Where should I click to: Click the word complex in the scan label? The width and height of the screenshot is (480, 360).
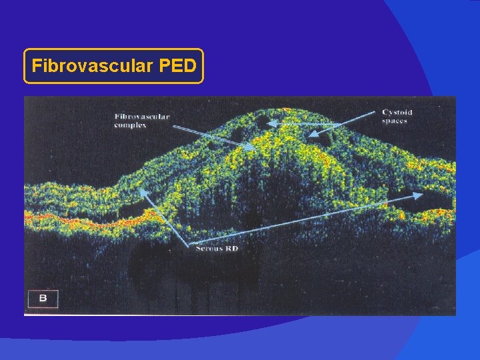click(130, 125)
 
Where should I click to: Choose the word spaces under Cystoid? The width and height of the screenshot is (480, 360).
click(394, 121)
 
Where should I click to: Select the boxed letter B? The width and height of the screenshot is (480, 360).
click(43, 298)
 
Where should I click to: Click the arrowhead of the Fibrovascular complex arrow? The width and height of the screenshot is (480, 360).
click(252, 148)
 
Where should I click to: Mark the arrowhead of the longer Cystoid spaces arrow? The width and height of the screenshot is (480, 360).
click(275, 125)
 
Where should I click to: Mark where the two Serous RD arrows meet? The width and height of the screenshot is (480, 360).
click(193, 244)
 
